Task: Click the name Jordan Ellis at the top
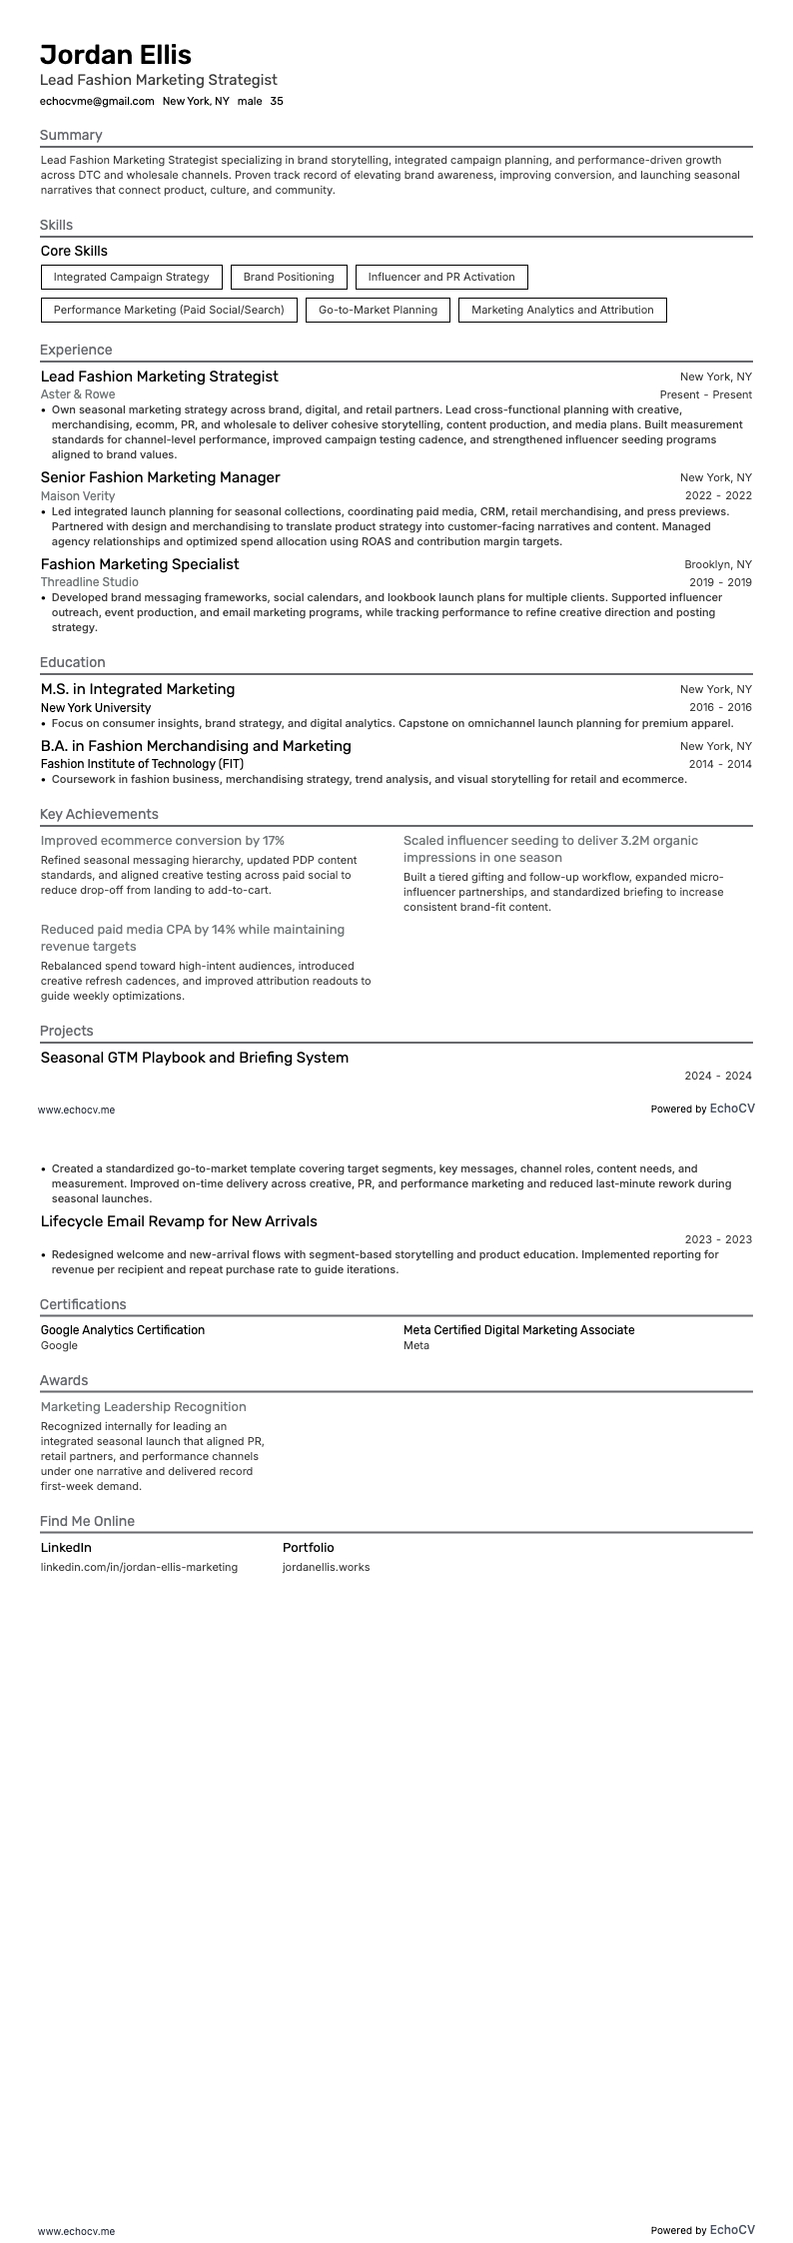pos(116,55)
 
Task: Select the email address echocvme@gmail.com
pos(97,101)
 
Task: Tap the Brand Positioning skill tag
pos(289,277)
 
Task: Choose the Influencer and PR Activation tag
pos(441,277)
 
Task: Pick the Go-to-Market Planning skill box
pos(378,310)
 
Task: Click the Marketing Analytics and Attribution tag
pos(562,310)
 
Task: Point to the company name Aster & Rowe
pos(78,394)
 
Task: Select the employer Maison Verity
pos(78,495)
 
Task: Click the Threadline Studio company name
pos(90,582)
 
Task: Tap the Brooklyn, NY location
pos(718,564)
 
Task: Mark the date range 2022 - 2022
pos(718,495)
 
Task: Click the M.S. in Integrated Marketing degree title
pos(138,689)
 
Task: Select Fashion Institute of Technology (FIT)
pos(142,764)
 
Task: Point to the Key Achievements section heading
pos(99,814)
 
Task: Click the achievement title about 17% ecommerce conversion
pos(163,841)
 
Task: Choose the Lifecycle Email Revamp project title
pos(179,1221)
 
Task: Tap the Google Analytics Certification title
pos(123,1330)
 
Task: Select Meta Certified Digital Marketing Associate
pos(518,1330)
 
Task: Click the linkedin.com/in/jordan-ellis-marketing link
pos(139,1567)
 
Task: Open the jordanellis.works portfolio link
pos(326,1567)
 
